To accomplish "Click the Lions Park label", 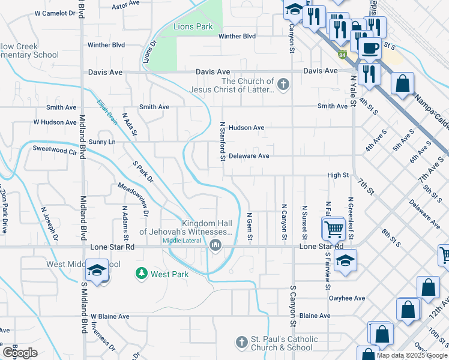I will click(x=193, y=27).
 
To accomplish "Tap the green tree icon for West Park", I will click(x=142, y=274).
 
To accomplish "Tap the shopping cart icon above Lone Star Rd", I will click(x=333, y=228).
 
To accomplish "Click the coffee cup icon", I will click(x=370, y=47).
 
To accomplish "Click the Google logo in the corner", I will click(x=20, y=353).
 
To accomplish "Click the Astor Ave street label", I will click(x=125, y=6).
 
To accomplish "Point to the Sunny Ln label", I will click(x=102, y=142).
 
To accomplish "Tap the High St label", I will click(x=338, y=175).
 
